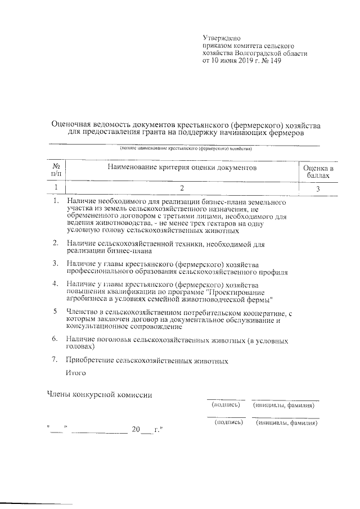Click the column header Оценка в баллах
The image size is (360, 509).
(x=318, y=172)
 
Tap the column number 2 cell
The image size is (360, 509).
(x=182, y=188)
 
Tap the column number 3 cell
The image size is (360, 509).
(x=318, y=188)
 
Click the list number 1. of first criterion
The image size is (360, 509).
(x=55, y=201)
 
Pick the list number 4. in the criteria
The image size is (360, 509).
(x=55, y=284)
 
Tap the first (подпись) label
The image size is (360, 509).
(x=226, y=404)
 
